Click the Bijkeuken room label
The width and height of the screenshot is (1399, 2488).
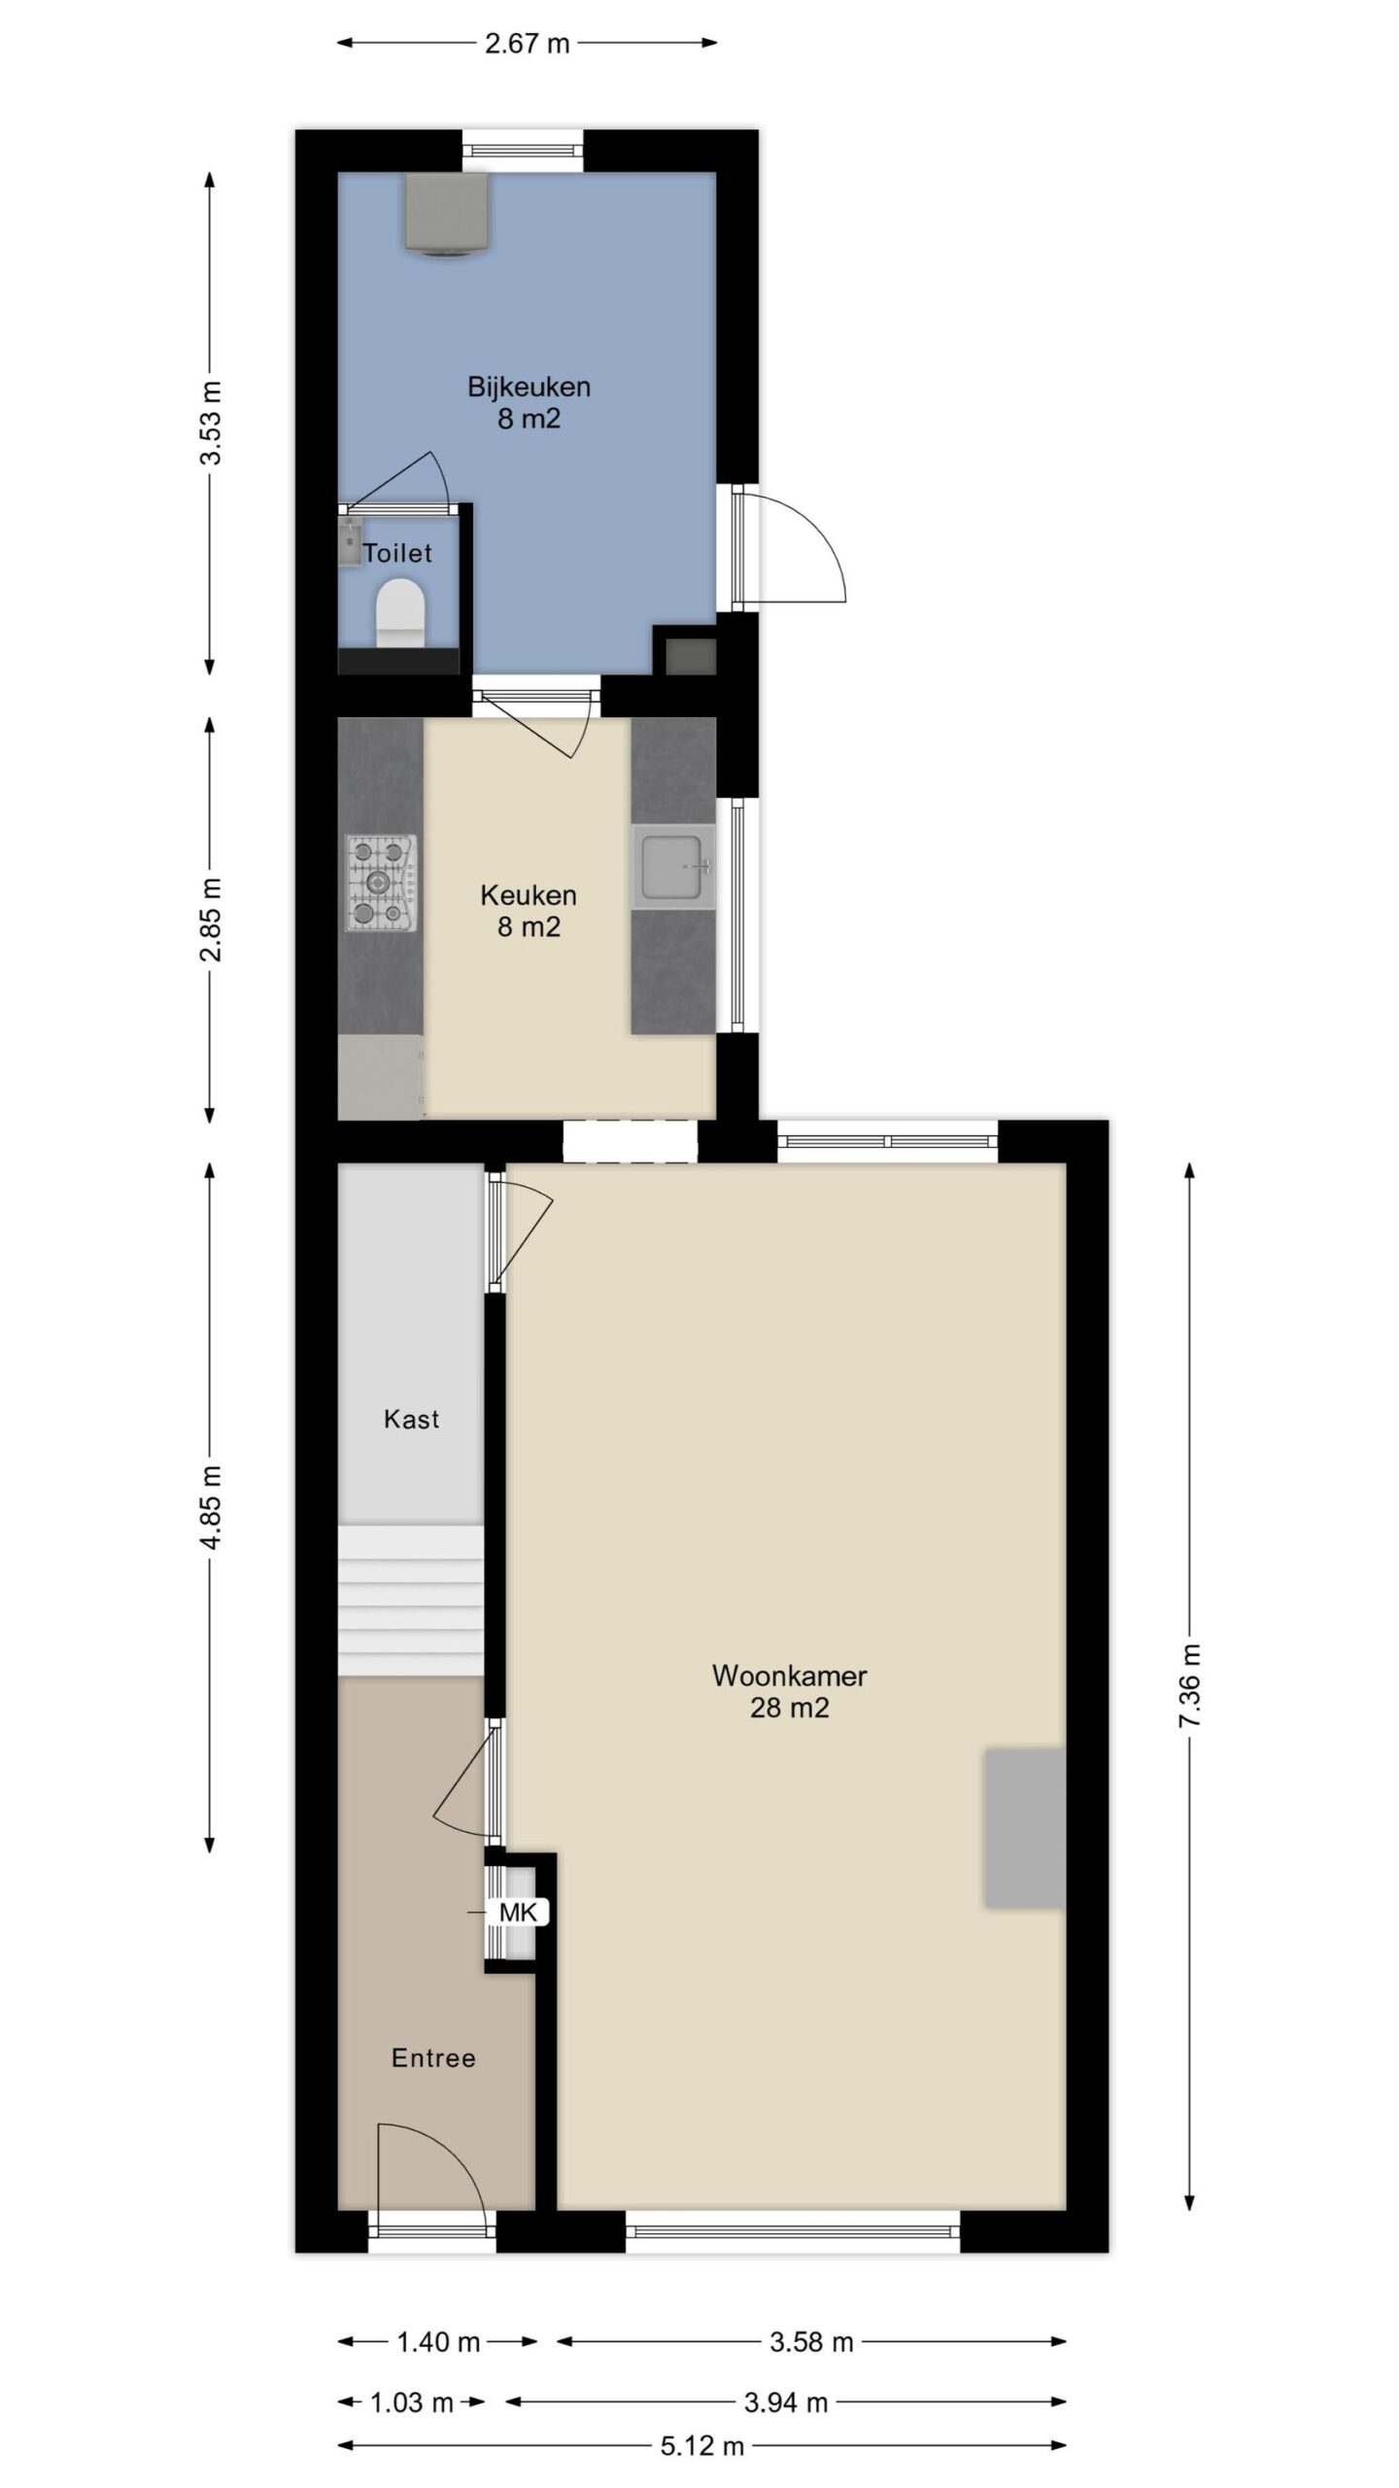[529, 387]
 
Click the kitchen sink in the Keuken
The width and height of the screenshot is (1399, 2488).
[673, 866]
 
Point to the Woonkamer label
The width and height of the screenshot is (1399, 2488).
[789, 1676]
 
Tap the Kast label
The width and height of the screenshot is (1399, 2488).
[412, 1419]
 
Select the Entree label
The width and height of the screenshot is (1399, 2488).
[433, 2057]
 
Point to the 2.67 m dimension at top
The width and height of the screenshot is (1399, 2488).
[527, 43]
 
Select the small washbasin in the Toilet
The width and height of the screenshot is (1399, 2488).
[350, 542]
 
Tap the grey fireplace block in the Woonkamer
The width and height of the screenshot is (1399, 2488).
[1026, 1828]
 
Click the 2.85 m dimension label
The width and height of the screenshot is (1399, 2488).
[210, 918]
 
